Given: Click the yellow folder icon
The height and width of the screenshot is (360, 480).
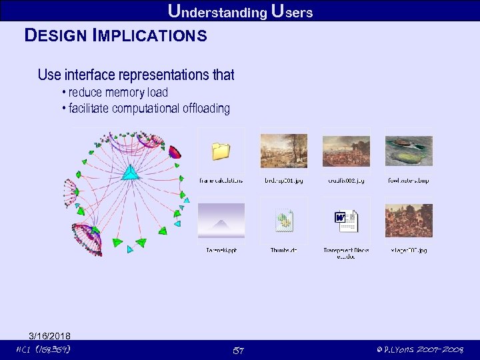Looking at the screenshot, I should pyautogui.click(x=221, y=152).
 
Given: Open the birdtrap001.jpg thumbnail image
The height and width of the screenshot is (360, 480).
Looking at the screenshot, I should pyautogui.click(x=283, y=151).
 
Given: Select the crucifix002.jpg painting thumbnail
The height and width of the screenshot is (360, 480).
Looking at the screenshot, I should pyautogui.click(x=346, y=151).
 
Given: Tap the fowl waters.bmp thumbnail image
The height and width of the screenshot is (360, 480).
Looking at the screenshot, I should pyautogui.click(x=409, y=151).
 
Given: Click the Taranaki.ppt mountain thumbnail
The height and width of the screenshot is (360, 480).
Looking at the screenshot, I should pyautogui.click(x=221, y=221).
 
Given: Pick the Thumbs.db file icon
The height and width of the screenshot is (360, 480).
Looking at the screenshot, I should pyautogui.click(x=284, y=221).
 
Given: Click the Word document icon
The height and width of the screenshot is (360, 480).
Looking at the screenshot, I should pyautogui.click(x=346, y=221).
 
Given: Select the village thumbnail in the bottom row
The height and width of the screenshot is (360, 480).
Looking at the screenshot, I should pyautogui.click(x=409, y=221).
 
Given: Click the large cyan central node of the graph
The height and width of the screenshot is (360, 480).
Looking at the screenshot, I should pyautogui.click(x=131, y=172).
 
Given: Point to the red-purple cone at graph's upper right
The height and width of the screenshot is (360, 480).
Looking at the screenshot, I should pyautogui.click(x=175, y=152).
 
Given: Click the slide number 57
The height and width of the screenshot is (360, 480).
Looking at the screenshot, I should pyautogui.click(x=239, y=350).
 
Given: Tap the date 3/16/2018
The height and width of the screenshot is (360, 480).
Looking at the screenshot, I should pyautogui.click(x=49, y=335).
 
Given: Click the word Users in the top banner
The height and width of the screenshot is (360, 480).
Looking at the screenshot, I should pyautogui.click(x=292, y=11).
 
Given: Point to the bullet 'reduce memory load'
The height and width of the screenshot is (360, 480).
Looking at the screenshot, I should pyautogui.click(x=118, y=93).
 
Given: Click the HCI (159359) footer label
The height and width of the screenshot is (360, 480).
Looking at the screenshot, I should pyautogui.click(x=43, y=350).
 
